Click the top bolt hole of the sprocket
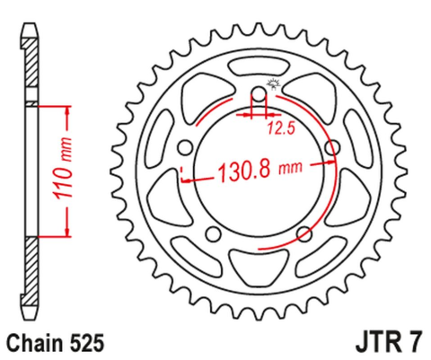[259, 92]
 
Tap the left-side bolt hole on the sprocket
[186, 146]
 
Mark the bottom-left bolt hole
[214, 233]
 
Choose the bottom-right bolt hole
[304, 233]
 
